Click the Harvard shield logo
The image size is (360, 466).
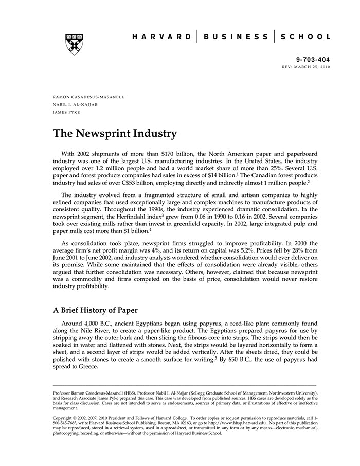tap(75, 44)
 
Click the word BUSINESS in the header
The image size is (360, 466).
tap(236, 37)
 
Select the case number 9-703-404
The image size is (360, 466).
tap(313, 60)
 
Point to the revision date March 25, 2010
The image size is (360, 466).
tap(313, 67)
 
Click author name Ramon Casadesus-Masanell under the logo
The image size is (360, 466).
tap(88, 97)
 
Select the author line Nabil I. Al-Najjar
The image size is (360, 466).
tap(75, 104)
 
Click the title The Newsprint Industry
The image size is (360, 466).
tap(115, 134)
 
